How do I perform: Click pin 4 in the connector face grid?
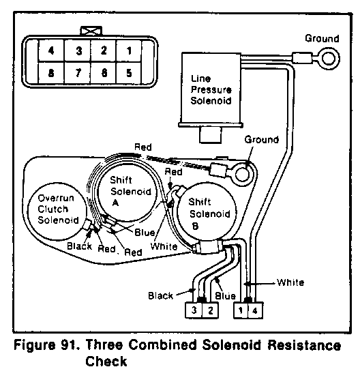[x=51, y=50]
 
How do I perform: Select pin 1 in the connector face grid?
[x=129, y=50]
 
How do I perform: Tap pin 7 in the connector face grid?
[x=78, y=72]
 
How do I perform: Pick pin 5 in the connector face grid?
[x=129, y=72]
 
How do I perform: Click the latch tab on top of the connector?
[x=91, y=31]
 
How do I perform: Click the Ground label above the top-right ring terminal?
[x=322, y=38]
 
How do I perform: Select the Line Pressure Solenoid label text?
[x=211, y=89]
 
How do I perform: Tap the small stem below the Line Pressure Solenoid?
[x=211, y=135]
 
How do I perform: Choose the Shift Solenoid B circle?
[x=207, y=213]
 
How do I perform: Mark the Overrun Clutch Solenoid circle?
[x=57, y=211]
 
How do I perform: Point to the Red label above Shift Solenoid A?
[x=143, y=147]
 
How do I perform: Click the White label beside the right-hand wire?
[x=290, y=282]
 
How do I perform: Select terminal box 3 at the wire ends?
[x=194, y=310]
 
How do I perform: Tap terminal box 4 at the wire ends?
[x=255, y=310]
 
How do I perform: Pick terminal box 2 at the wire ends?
[x=210, y=310]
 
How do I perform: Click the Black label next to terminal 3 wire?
[x=160, y=296]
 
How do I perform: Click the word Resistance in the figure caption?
[x=304, y=345]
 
